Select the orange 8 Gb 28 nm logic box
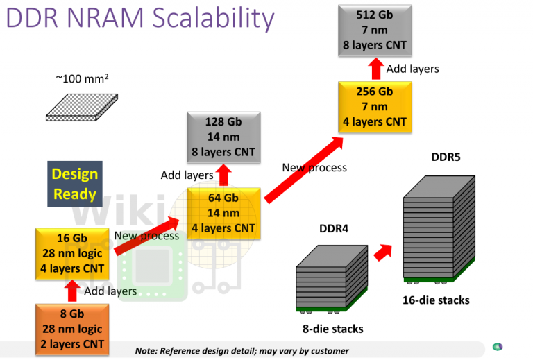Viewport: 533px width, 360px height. click(x=71, y=329)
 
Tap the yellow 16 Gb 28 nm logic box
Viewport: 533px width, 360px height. click(x=71, y=253)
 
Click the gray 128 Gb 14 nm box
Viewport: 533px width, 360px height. click(x=223, y=137)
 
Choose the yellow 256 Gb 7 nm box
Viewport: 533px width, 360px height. click(x=374, y=107)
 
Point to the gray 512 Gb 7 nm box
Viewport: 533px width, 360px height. click(x=374, y=30)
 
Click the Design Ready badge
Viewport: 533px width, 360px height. click(x=74, y=184)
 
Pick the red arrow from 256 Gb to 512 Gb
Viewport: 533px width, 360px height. click(x=375, y=68)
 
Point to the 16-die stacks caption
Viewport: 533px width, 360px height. click(x=436, y=300)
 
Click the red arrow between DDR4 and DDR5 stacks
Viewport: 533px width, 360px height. click(x=383, y=252)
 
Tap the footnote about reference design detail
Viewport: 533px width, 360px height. click(x=242, y=351)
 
